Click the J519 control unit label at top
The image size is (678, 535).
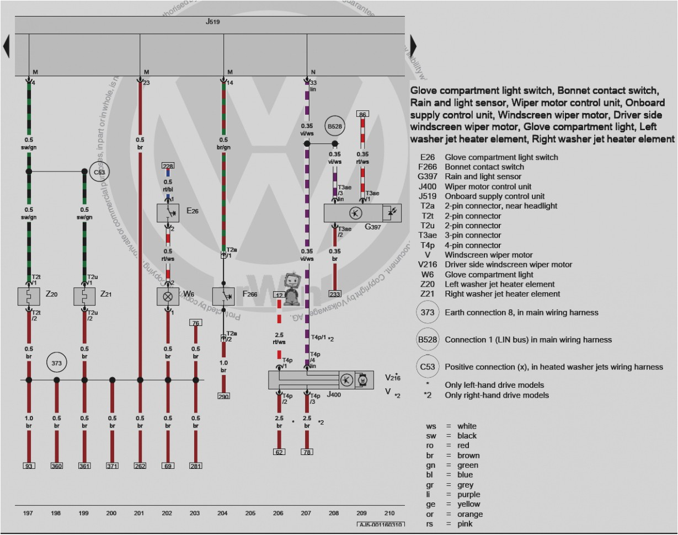click(213, 23)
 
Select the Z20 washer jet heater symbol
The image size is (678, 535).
click(29, 296)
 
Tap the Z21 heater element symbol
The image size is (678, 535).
click(84, 296)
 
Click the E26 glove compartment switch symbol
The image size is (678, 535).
click(168, 212)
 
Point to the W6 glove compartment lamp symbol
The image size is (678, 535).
click(168, 296)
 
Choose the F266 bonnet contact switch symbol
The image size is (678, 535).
click(223, 296)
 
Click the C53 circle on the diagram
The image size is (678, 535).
click(99, 172)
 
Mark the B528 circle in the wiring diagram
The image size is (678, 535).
click(335, 126)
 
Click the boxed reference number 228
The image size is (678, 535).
click(168, 166)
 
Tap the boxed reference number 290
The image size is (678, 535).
click(223, 396)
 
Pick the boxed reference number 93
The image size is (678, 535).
click(29, 466)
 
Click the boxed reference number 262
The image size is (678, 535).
click(140, 466)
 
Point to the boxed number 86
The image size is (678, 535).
click(362, 114)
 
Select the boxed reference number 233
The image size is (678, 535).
click(335, 294)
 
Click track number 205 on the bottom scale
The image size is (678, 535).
click(250, 513)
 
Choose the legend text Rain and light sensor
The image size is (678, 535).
click(483, 176)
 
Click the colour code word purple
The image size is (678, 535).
click(468, 495)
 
